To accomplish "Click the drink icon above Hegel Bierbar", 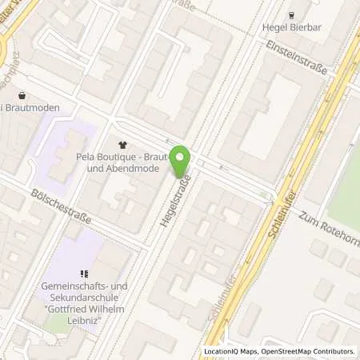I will tap(291, 14).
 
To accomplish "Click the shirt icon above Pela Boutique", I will tap(122, 145).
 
